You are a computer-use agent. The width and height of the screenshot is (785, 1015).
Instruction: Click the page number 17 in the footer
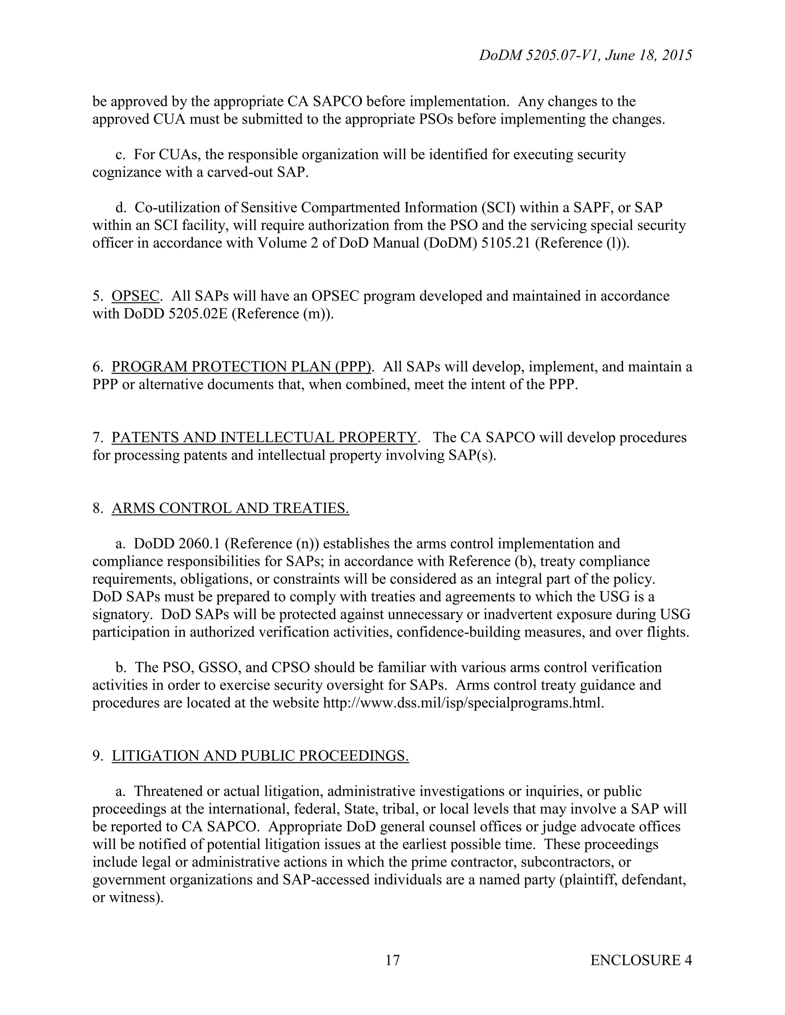click(392, 960)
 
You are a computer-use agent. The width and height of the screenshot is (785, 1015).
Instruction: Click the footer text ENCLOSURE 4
click(641, 960)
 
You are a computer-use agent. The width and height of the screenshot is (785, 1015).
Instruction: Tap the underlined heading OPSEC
click(135, 296)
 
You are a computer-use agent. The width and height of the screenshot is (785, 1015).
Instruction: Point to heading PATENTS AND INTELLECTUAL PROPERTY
click(264, 437)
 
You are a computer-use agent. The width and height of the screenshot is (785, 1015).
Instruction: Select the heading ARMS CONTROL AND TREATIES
click(230, 508)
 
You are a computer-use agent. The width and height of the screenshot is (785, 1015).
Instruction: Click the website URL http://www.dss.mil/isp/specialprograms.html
click(463, 703)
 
